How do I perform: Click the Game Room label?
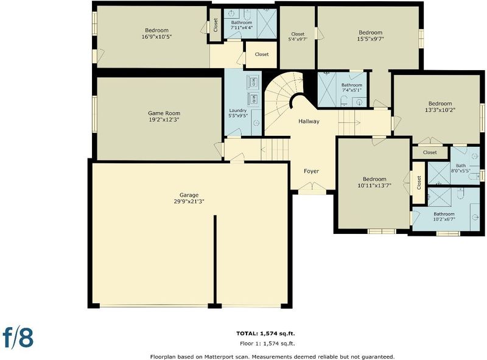164,116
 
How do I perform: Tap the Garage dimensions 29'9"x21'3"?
189,202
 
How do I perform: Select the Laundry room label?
238,113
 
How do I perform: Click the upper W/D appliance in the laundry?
253,82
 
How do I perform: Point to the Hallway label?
309,121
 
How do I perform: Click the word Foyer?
311,171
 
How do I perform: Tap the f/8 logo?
18,337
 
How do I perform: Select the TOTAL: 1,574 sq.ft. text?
265,334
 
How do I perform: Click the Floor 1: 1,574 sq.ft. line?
267,344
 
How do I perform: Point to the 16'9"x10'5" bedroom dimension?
156,37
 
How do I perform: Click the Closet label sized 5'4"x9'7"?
298,37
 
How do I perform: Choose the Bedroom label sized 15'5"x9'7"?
370,36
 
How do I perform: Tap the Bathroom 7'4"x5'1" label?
352,88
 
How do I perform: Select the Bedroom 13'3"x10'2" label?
440,107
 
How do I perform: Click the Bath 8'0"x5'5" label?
461,168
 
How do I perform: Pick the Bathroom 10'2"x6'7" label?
444,216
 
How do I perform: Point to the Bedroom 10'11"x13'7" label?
374,182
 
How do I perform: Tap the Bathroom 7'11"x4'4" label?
241,25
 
